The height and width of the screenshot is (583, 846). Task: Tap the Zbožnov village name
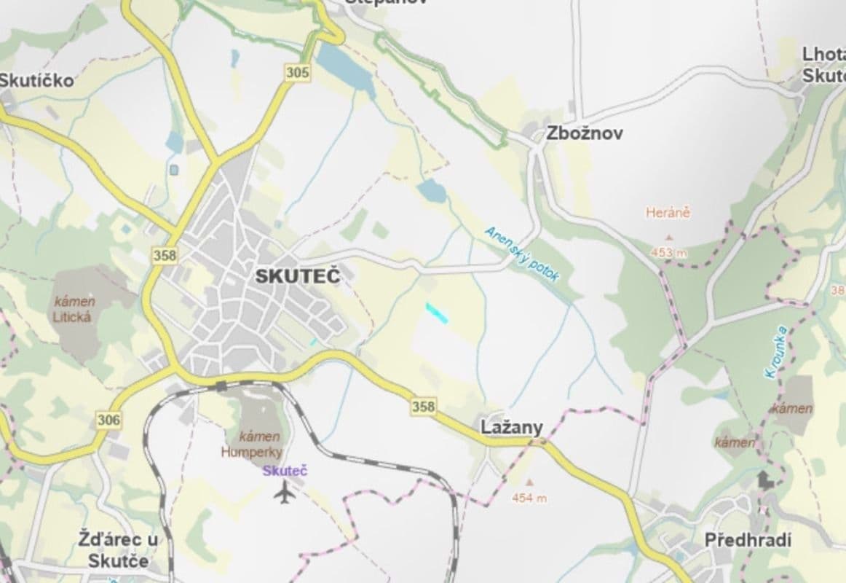point(585,133)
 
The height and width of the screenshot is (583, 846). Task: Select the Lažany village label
point(512,428)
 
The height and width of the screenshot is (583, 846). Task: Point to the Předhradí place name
point(748,540)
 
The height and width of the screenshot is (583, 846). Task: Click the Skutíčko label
point(36,80)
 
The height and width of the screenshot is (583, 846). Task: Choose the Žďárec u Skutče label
point(118,550)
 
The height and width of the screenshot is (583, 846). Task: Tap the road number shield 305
point(297,72)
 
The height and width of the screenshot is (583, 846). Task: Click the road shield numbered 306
point(108,420)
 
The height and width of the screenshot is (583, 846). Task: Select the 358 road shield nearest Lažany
point(424,406)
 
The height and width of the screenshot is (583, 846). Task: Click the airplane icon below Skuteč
point(285,493)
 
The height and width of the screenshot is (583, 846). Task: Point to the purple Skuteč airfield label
point(285,471)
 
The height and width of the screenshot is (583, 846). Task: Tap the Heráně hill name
point(668,213)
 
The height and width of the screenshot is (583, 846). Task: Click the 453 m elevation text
point(669,253)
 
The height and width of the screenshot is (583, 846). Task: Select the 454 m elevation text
point(529,498)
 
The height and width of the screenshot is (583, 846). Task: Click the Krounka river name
point(776,351)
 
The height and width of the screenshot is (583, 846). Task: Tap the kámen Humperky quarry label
point(251,444)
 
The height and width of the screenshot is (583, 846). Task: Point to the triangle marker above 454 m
point(529,482)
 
